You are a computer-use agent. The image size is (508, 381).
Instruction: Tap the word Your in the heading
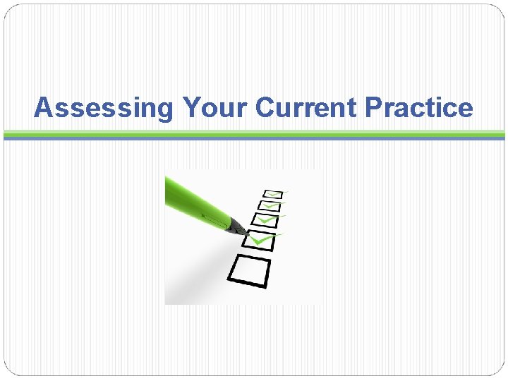pos(216,108)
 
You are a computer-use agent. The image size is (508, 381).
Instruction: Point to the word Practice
pos(420,108)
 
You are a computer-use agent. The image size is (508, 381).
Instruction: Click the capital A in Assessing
pos(44,108)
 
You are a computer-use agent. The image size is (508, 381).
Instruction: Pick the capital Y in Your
pos(190,108)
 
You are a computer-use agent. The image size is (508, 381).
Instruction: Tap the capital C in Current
pos(265,108)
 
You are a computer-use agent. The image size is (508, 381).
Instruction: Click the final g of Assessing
pos(164,111)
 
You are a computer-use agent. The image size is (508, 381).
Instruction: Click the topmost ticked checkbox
pos(273,193)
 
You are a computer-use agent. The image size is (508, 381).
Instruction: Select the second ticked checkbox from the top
pos(269,206)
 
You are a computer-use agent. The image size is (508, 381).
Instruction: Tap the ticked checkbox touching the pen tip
pos(258,240)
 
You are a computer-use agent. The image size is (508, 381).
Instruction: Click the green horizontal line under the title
pos(254,133)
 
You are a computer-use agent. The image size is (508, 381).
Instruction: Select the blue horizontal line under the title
pos(254,138)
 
